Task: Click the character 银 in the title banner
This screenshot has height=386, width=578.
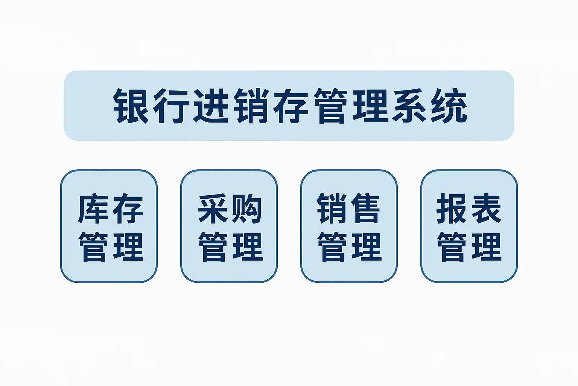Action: [x=131, y=106]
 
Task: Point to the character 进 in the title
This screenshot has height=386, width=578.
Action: [x=211, y=106]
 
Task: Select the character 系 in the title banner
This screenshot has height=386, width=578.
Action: [x=409, y=106]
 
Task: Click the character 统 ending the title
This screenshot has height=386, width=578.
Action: [x=449, y=106]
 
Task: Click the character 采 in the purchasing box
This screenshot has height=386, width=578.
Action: [x=213, y=208]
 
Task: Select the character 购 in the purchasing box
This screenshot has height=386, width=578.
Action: [x=247, y=208]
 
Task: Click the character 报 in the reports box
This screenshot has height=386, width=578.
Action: [x=452, y=208]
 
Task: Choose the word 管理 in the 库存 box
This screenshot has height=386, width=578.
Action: [x=111, y=247]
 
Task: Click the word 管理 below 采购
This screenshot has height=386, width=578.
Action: [x=230, y=247]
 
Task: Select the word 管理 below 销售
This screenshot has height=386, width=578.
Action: [x=350, y=247]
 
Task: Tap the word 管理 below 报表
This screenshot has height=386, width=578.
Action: [x=469, y=247]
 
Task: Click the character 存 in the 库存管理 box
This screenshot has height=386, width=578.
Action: [x=128, y=208]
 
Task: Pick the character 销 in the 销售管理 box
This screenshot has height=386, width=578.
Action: [x=332, y=208]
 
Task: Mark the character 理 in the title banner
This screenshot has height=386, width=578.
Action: [x=371, y=106]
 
